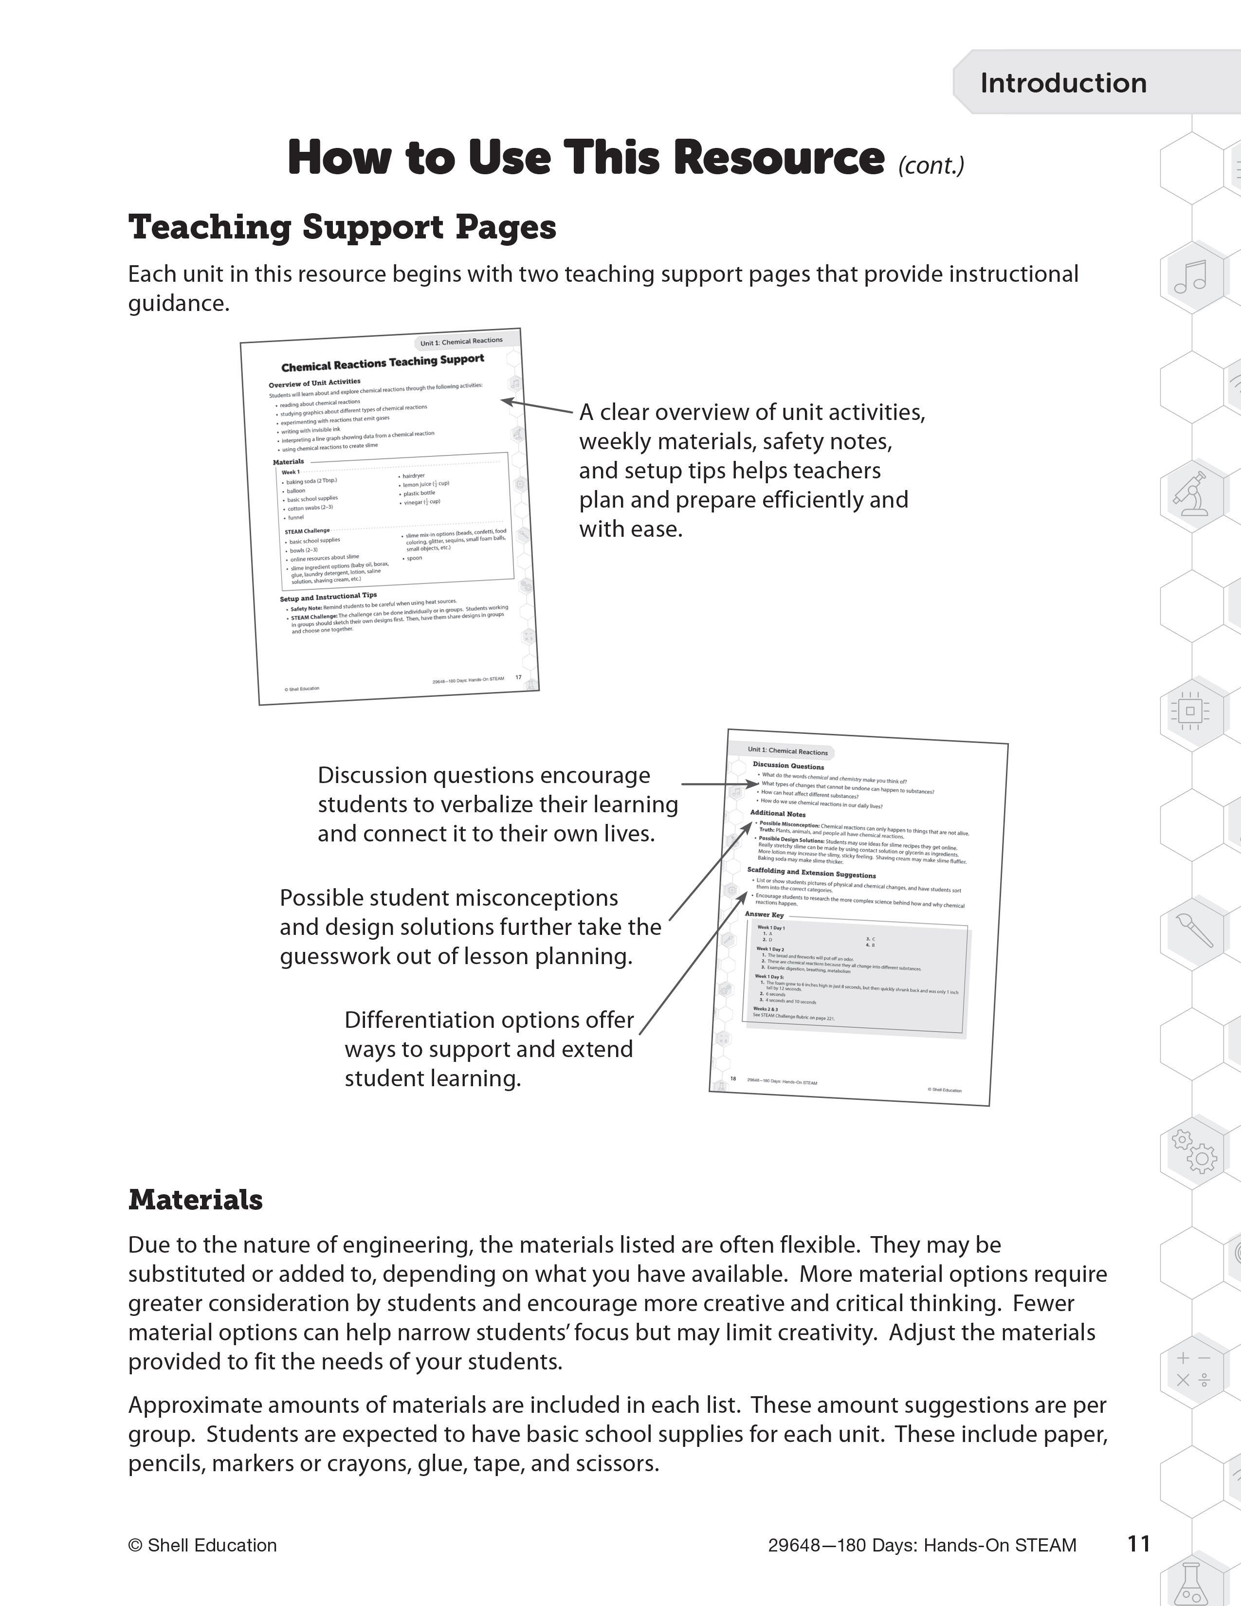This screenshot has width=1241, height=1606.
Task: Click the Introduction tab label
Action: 1062,83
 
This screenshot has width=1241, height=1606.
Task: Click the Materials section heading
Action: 196,1199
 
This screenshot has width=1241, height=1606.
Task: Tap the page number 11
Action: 1138,1544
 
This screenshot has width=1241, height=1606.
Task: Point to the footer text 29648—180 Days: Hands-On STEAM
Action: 922,1546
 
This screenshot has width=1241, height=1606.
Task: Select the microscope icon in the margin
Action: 1191,493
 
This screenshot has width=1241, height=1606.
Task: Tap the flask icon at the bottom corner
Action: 1191,1581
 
